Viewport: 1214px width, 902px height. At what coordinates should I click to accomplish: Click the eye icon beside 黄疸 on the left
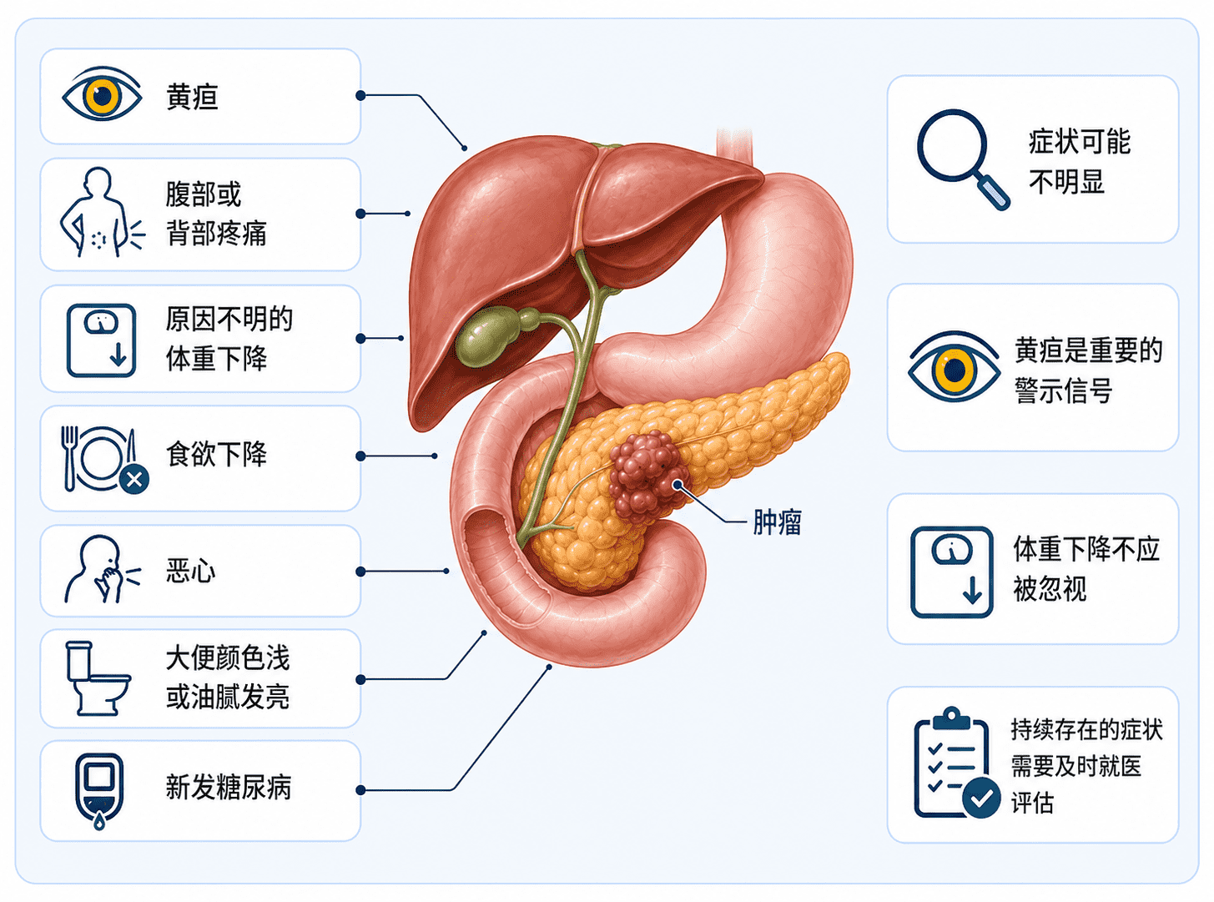tap(102, 94)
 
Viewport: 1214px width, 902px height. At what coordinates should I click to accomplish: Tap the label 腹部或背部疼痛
tap(216, 214)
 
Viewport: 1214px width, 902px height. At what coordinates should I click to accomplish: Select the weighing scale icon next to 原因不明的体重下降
tap(101, 340)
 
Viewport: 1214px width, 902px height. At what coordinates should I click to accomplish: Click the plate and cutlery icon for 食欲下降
tap(104, 459)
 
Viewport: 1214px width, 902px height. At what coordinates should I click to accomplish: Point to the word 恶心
tap(190, 571)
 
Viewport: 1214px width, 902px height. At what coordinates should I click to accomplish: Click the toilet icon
tap(98, 678)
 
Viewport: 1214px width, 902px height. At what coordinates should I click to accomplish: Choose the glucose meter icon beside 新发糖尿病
tap(99, 791)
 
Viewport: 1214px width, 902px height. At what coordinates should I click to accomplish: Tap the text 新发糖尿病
tap(229, 788)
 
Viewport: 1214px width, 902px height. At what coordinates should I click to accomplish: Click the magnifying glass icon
tap(962, 159)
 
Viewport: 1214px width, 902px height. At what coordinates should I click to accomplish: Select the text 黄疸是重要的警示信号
tap(1088, 370)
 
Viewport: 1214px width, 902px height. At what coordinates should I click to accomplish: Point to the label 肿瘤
tap(778, 522)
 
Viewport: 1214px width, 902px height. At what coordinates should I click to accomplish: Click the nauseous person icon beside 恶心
tap(102, 569)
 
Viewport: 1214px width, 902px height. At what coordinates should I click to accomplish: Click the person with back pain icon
tap(102, 213)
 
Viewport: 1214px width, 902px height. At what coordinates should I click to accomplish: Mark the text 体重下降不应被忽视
tap(1086, 569)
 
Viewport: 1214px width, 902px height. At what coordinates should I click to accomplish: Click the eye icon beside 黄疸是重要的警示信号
tap(954, 367)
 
